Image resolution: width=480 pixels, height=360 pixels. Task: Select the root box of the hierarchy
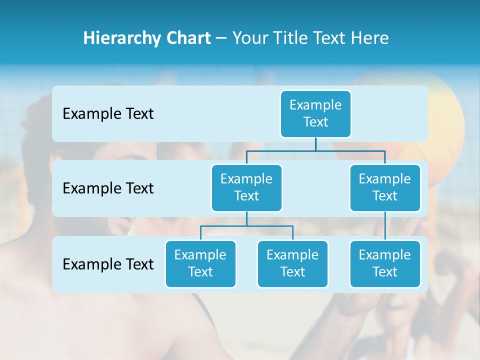315,113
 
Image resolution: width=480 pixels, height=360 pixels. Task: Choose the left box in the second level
246,187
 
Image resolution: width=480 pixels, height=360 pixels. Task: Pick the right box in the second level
385,187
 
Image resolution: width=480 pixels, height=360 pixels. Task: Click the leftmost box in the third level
200,263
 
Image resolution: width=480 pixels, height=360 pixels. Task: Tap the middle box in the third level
292,263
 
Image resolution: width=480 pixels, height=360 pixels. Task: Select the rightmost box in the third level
385,263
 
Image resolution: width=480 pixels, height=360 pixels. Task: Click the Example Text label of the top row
108,114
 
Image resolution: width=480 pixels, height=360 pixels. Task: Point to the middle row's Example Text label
108,188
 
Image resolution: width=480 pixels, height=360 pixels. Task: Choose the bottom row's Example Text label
108,264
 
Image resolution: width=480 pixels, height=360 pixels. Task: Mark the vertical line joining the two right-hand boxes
385,225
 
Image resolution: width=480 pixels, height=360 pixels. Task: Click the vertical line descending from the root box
315,144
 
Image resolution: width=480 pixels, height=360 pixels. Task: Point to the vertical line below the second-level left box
246,218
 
